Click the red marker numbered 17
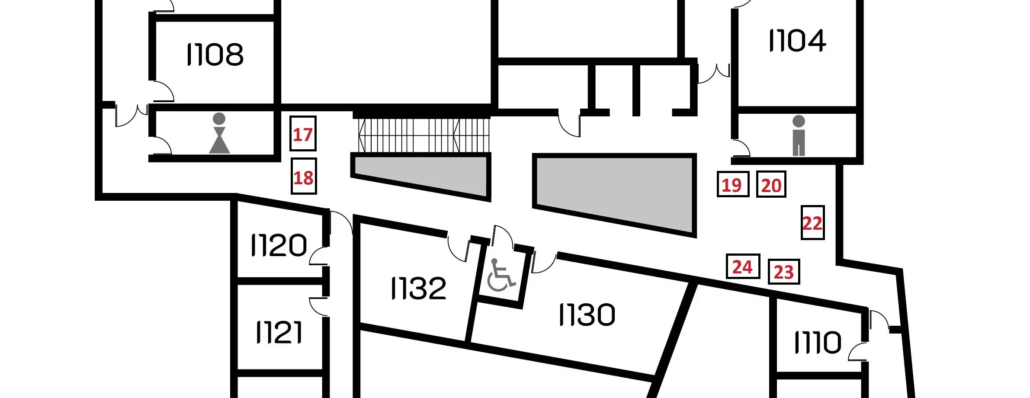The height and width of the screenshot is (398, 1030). point(303,134)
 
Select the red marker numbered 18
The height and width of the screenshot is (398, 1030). point(304,176)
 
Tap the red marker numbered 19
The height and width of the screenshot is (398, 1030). point(733,184)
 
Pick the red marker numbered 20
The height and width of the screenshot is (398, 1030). point(771,184)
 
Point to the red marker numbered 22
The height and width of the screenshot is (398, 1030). point(813,222)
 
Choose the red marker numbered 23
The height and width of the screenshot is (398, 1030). point(784,272)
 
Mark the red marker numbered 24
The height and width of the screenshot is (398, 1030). point(743,266)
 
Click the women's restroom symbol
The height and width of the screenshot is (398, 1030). point(219,133)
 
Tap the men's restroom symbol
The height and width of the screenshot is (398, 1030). point(799,135)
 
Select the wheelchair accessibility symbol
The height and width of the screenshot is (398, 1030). point(501,275)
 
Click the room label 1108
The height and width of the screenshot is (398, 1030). point(215,55)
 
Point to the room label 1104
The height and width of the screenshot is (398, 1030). point(797,41)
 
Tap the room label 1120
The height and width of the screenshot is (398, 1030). point(279,245)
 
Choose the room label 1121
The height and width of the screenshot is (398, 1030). point(279,332)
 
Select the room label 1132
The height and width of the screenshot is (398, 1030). point(418,289)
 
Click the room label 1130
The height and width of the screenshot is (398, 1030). point(587,315)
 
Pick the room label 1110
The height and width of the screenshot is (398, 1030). point(818,343)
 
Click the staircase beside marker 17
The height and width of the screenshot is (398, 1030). point(424,135)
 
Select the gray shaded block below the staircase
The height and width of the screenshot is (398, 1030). point(421,177)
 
